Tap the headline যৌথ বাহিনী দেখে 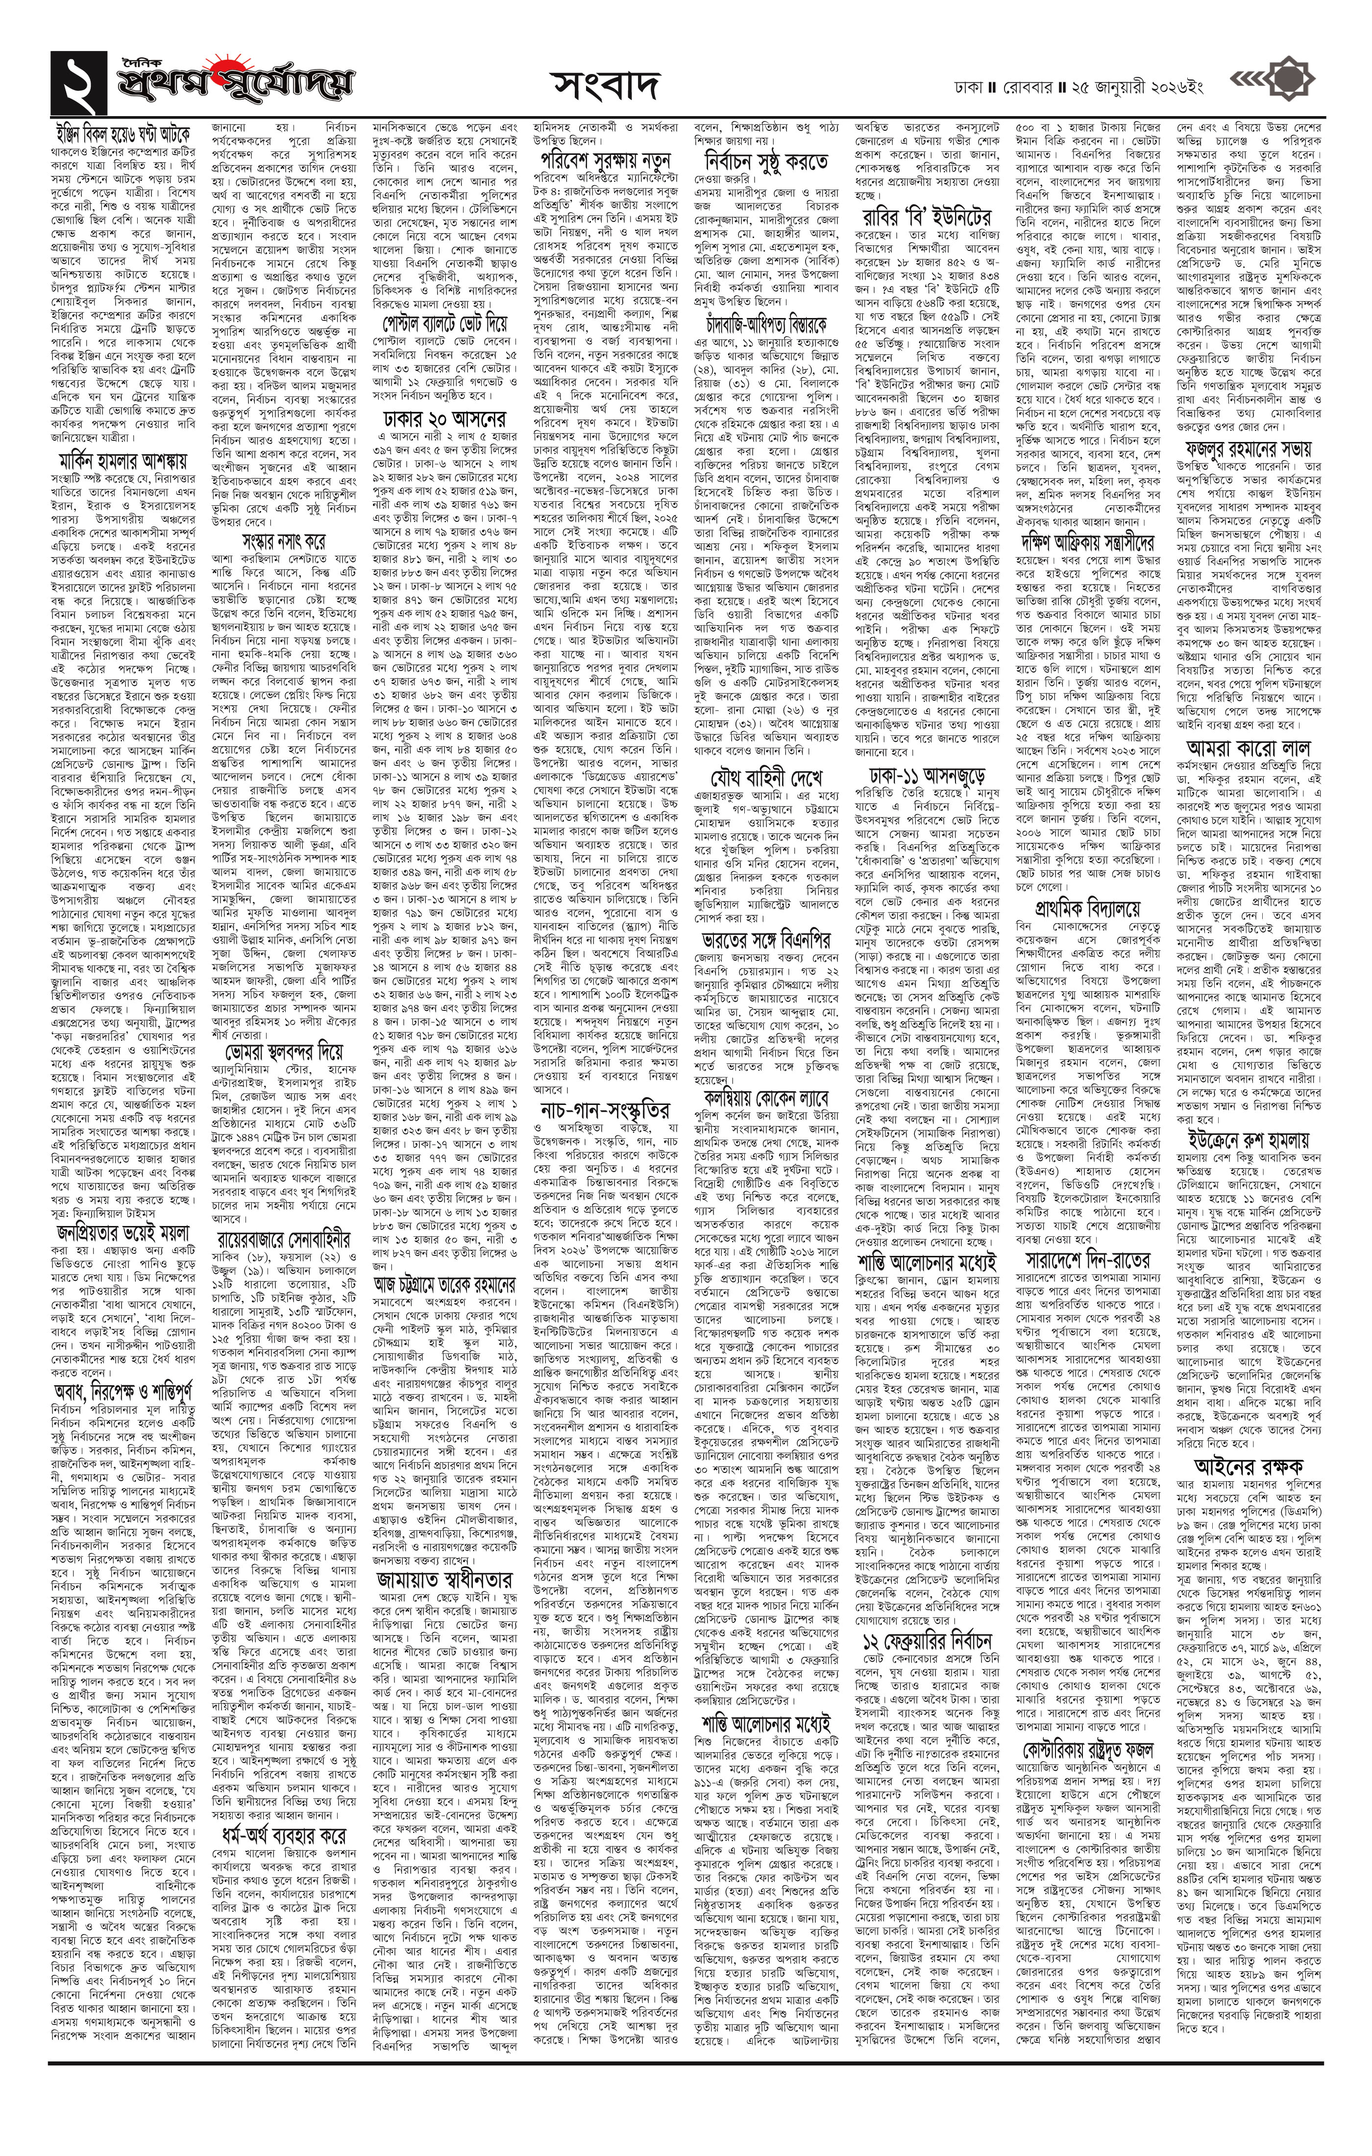tap(766, 775)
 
